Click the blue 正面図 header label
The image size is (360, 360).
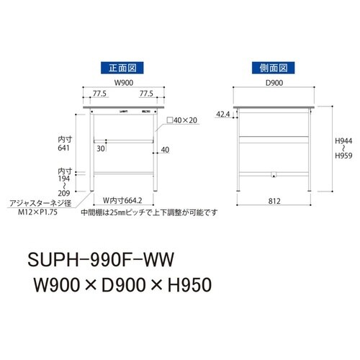click(122, 68)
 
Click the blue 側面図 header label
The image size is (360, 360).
click(273, 68)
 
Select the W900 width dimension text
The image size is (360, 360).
click(124, 83)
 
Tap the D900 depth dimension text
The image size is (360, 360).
click(274, 83)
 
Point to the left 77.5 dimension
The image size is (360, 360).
click(99, 94)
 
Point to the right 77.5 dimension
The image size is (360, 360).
click(146, 94)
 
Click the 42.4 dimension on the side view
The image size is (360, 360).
click(223, 114)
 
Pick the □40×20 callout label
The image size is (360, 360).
click(182, 120)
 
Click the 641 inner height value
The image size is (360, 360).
click(63, 148)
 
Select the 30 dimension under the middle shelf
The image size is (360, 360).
click(101, 149)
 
